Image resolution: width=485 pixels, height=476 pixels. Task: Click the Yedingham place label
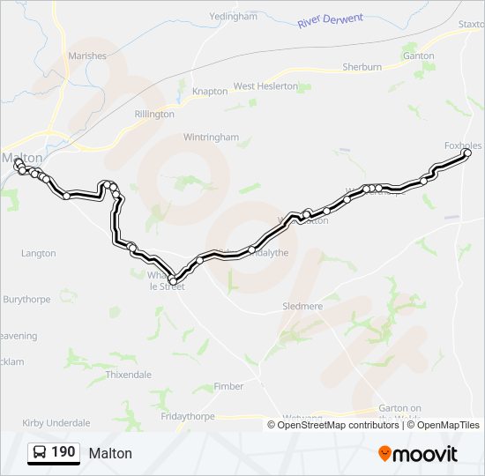pos(234,17)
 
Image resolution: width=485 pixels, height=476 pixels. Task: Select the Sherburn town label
pos(362,66)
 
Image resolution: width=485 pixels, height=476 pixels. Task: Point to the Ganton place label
pos(418,56)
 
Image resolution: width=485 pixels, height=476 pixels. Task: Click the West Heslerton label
pos(266,86)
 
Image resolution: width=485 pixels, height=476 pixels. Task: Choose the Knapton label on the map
pos(210,91)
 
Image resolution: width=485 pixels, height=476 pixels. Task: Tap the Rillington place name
pos(154,114)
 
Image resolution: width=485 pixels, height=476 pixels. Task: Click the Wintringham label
pos(211,138)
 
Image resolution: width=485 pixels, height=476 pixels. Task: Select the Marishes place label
pos(86,56)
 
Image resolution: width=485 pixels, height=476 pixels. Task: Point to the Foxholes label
pos(463,145)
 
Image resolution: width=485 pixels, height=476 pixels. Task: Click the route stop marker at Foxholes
pos(467,153)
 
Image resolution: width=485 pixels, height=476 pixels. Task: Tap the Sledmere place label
pos(302,306)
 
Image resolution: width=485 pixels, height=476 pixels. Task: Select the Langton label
pos(38,253)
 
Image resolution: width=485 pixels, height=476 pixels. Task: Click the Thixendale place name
pos(128,375)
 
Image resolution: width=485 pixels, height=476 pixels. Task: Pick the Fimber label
pos(229,387)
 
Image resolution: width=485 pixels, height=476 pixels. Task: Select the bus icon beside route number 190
pos(40,452)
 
